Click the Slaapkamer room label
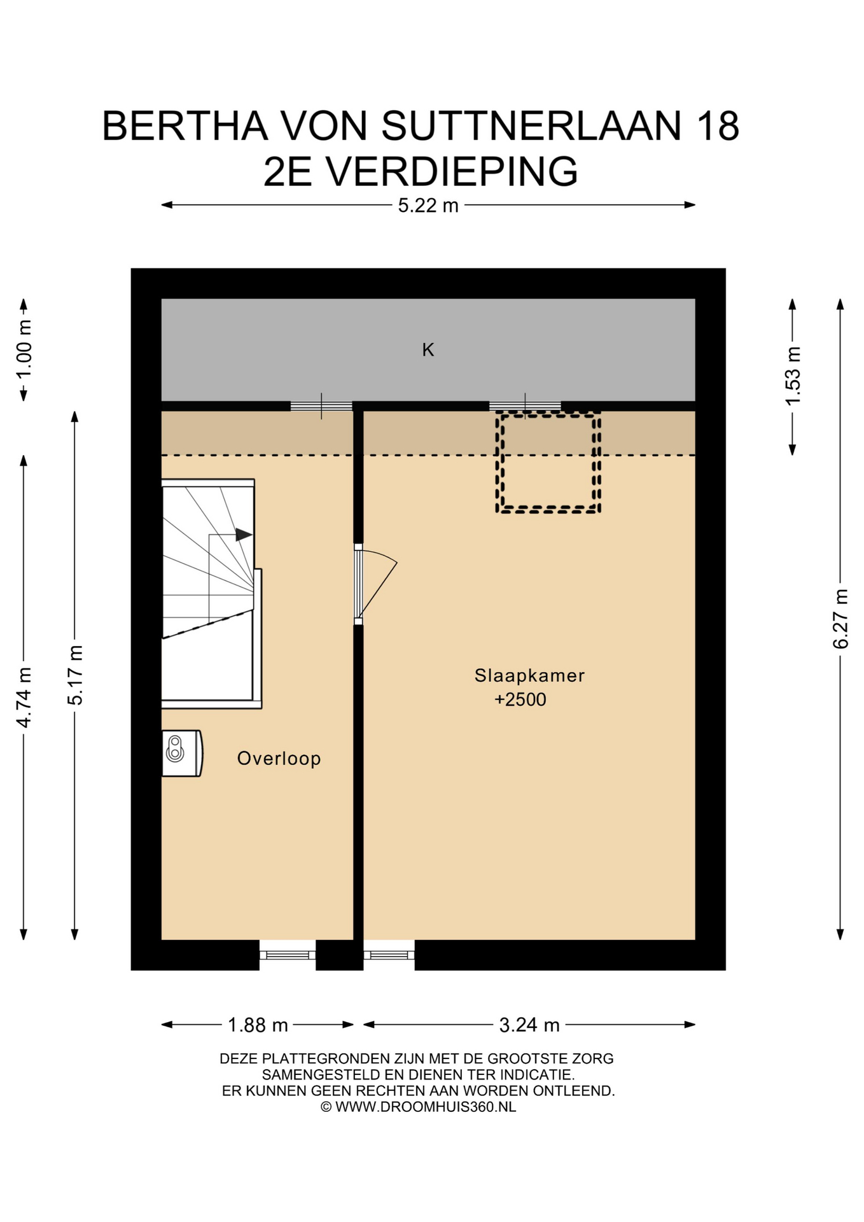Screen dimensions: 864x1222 click(529, 676)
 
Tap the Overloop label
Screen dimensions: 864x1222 click(279, 759)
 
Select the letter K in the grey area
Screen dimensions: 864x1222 click(428, 349)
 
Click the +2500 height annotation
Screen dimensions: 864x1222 click(520, 699)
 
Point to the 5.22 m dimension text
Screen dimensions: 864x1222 click(428, 206)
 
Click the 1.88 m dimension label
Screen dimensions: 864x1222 click(258, 1025)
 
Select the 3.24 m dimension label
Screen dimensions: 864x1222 click(529, 1025)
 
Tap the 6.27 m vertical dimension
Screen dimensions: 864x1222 click(840, 619)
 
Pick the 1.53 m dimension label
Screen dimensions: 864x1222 click(793, 376)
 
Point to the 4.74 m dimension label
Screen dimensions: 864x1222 click(24, 698)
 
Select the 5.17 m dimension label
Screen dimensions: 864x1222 click(75, 675)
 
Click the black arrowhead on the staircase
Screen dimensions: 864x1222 click(244, 535)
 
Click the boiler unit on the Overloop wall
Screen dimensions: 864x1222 click(182, 754)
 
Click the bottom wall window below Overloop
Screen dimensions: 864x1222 click(288, 955)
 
